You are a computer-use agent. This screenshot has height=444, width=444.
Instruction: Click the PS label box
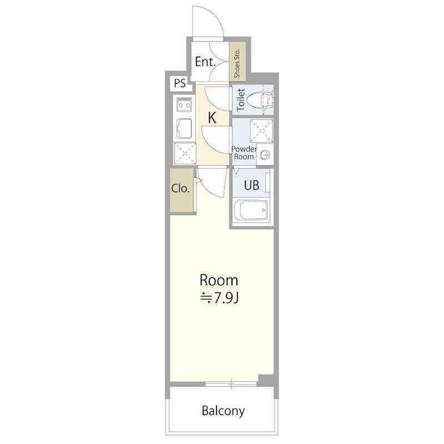click(x=180, y=84)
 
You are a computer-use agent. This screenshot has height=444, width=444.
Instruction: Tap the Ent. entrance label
click(x=205, y=62)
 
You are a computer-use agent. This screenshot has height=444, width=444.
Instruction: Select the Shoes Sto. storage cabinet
click(x=238, y=62)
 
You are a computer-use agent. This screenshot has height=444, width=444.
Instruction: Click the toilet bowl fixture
click(x=260, y=100)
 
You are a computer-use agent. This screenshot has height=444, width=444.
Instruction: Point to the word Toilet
click(x=241, y=100)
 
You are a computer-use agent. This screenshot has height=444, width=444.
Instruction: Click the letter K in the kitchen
click(x=212, y=118)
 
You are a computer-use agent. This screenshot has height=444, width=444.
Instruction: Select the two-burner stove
click(x=184, y=104)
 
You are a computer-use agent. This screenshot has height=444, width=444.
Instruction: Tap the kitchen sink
click(x=184, y=129)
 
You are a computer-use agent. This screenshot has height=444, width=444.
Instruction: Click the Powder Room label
click(x=244, y=153)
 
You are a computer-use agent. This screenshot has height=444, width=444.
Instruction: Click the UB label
click(x=251, y=185)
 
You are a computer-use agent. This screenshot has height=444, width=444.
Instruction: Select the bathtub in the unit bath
click(x=252, y=210)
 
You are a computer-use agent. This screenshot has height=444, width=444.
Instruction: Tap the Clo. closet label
click(x=180, y=188)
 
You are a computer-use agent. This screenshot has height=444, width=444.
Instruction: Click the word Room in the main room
click(x=219, y=280)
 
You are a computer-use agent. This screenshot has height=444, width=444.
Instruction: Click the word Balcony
click(x=223, y=411)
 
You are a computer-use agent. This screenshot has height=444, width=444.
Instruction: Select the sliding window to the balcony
click(x=231, y=384)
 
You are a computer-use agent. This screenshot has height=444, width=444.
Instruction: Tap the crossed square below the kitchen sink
click(x=185, y=154)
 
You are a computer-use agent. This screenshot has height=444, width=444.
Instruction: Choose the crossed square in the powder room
click(x=261, y=131)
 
